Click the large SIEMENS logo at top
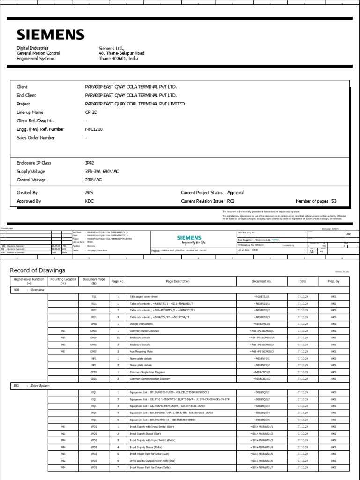point(51,35)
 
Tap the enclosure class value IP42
point(89,163)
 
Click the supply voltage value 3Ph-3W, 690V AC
point(102,172)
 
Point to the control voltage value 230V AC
point(93,180)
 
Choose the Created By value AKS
point(89,193)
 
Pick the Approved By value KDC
point(89,201)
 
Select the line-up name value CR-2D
point(91,112)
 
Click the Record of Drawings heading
point(37,270)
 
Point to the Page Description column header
point(178,281)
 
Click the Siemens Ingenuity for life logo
point(190,240)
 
